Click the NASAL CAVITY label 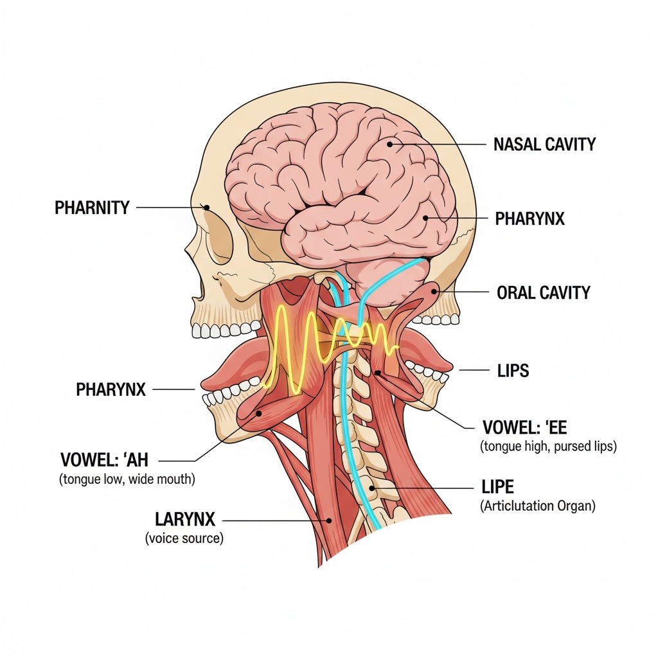pos(544,144)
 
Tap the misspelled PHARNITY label pos(92,208)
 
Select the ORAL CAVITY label pos(543,293)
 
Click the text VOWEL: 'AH pos(104,460)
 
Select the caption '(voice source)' pos(184,538)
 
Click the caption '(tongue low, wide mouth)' pos(127,479)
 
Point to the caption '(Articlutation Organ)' pos(538,506)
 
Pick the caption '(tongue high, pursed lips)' pos(548,446)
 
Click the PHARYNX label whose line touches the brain pos(529,219)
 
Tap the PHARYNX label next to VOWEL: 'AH pos(111,389)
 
